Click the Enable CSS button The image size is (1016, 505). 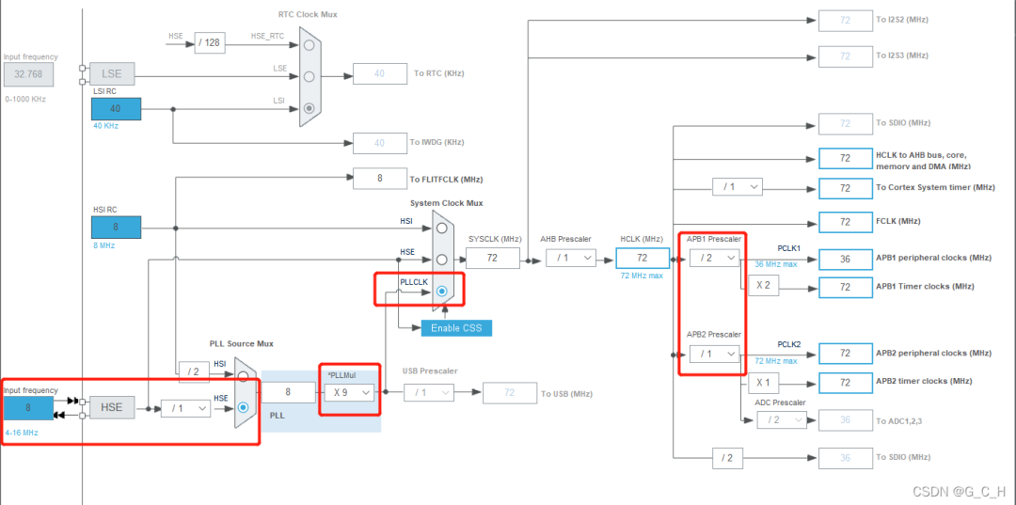[456, 328]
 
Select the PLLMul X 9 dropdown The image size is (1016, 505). [348, 392]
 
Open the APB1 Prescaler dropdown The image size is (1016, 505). [713, 258]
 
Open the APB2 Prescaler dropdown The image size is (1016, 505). [713, 354]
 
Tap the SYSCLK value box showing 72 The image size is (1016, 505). [492, 258]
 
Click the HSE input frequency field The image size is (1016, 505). [28, 407]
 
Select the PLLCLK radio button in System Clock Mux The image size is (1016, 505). [441, 292]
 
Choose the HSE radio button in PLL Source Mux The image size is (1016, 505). [244, 407]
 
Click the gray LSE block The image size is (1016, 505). [112, 73]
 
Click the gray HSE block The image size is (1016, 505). [112, 407]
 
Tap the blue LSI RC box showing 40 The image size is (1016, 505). [116, 109]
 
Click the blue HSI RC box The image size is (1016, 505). [116, 227]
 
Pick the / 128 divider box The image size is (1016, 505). [210, 42]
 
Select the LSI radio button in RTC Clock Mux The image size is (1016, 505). [309, 108]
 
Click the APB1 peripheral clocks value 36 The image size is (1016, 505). [846, 258]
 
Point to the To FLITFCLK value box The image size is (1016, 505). [379, 178]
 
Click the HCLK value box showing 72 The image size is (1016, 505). [643, 258]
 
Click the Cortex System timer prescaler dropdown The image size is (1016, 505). [737, 187]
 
